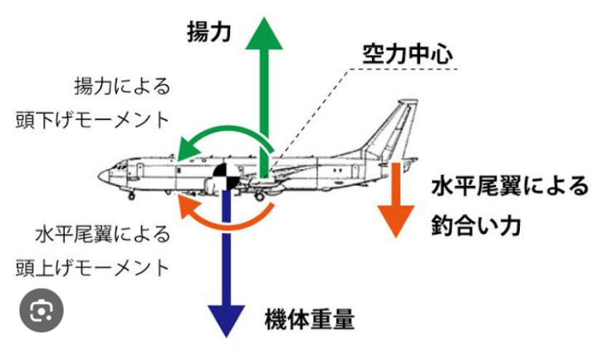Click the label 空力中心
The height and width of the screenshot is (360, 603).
[408, 54]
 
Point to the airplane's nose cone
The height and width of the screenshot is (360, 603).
[104, 176]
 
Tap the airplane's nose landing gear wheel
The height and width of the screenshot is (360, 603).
[131, 195]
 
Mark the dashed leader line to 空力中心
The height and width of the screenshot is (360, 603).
[313, 117]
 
